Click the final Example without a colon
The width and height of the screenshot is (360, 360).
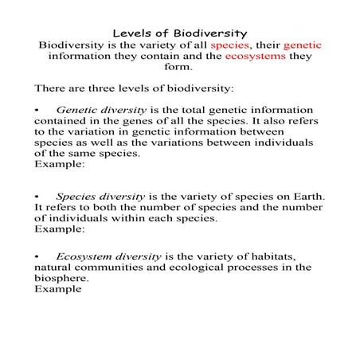pos(58,290)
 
